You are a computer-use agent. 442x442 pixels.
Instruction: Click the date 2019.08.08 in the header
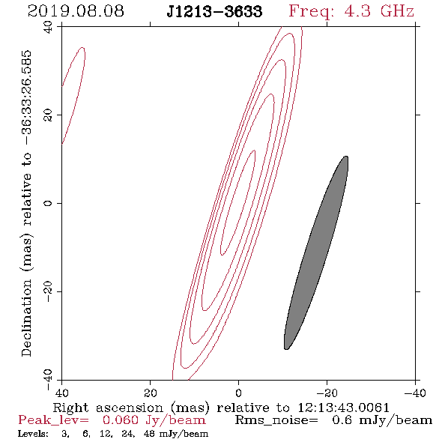[x=76, y=11]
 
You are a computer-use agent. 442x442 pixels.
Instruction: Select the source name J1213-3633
[x=214, y=12]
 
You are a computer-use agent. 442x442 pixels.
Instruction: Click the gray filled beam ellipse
[x=316, y=252]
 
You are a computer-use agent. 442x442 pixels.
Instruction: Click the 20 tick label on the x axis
[x=150, y=393]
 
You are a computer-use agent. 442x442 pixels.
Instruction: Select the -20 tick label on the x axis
[x=327, y=393]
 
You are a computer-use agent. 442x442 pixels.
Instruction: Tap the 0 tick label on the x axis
[x=238, y=393]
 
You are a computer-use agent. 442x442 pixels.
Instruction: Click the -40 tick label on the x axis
[x=415, y=393]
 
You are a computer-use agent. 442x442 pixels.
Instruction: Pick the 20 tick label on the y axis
[x=48, y=115]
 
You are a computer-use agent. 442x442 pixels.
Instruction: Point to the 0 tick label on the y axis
[x=48, y=203]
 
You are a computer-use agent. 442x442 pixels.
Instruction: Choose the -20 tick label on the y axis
[x=48, y=291]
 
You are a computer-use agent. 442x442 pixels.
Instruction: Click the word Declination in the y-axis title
[x=26, y=318]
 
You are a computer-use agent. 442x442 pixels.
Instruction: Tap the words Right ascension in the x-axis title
[x=108, y=408]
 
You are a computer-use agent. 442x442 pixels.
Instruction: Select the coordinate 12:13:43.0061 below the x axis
[x=344, y=408]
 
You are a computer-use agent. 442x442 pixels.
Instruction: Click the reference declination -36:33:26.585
[x=27, y=98]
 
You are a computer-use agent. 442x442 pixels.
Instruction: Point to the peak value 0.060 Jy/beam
[x=154, y=420]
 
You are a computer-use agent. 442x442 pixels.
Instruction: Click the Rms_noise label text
[x=276, y=420]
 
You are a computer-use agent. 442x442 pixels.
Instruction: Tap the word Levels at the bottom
[x=33, y=433]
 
